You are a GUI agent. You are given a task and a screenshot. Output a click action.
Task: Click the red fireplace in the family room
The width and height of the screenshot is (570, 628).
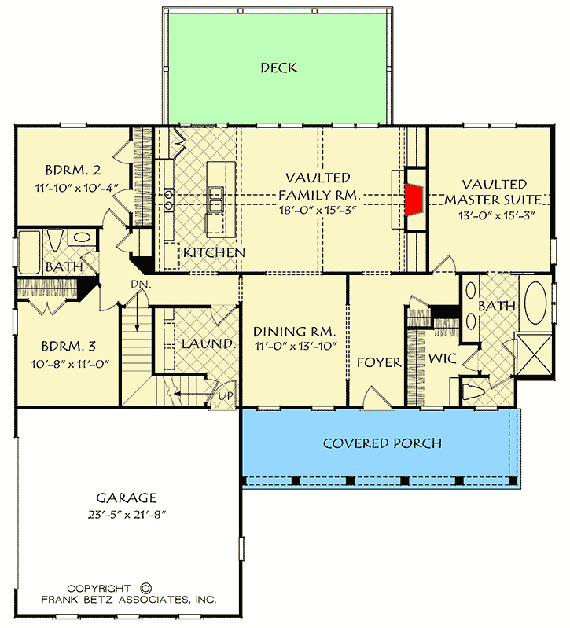[x=412, y=199]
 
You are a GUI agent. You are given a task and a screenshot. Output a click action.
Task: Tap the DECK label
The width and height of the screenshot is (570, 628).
[x=279, y=68]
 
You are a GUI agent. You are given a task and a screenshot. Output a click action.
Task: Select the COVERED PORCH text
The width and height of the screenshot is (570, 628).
[x=382, y=443]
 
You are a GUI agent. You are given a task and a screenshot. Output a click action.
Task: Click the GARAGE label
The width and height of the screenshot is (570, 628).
[x=127, y=498]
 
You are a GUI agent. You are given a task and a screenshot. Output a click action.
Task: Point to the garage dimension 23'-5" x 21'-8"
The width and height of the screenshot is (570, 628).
[x=127, y=515]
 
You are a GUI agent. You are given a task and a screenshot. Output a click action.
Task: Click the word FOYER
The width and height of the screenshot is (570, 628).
[x=379, y=363]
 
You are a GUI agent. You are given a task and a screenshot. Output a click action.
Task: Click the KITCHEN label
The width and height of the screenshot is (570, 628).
[x=214, y=252]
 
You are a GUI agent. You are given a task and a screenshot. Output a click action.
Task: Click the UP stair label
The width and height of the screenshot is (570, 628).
[x=225, y=395]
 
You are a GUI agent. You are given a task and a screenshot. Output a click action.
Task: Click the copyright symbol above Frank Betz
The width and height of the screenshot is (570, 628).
[x=144, y=587]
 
